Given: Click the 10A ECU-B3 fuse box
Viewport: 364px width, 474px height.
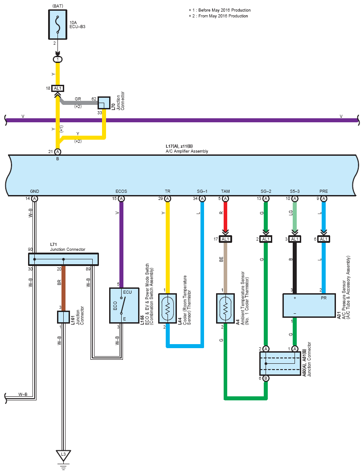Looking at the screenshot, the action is coord(57,25).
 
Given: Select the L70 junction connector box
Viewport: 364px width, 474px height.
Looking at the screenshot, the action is coord(104,103).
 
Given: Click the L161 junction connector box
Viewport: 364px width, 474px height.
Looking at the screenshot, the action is coord(63,317).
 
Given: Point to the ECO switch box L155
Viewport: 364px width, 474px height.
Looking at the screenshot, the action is coord(124,305).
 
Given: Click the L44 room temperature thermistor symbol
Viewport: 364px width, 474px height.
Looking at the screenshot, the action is coord(168,308).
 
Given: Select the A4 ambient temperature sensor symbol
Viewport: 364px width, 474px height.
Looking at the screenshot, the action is coord(225,308).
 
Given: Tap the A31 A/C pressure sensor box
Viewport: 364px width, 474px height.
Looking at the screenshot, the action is coord(309,305).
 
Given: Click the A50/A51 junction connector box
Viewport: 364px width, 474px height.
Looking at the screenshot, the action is coord(280,363).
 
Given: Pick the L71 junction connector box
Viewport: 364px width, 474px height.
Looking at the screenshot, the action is coord(63,259).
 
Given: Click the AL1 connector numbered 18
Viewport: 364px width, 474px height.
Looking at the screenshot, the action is coord(57,88).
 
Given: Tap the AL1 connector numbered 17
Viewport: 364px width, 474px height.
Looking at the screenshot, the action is coord(225,239).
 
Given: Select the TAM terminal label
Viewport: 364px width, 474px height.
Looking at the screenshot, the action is coord(225,191).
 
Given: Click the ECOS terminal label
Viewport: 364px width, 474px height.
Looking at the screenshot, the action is coord(121,191).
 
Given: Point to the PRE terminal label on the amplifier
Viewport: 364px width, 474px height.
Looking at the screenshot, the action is coord(323,191).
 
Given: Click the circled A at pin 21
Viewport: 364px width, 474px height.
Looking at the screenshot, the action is coord(57,152).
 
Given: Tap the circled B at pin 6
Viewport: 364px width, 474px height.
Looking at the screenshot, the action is coord(266,378).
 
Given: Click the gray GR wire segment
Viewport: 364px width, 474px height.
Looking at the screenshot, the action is coord(79,103).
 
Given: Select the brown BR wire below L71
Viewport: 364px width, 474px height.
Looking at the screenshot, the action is coord(63,288).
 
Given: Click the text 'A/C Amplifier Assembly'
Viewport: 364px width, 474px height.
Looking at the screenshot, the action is coord(187,151).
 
